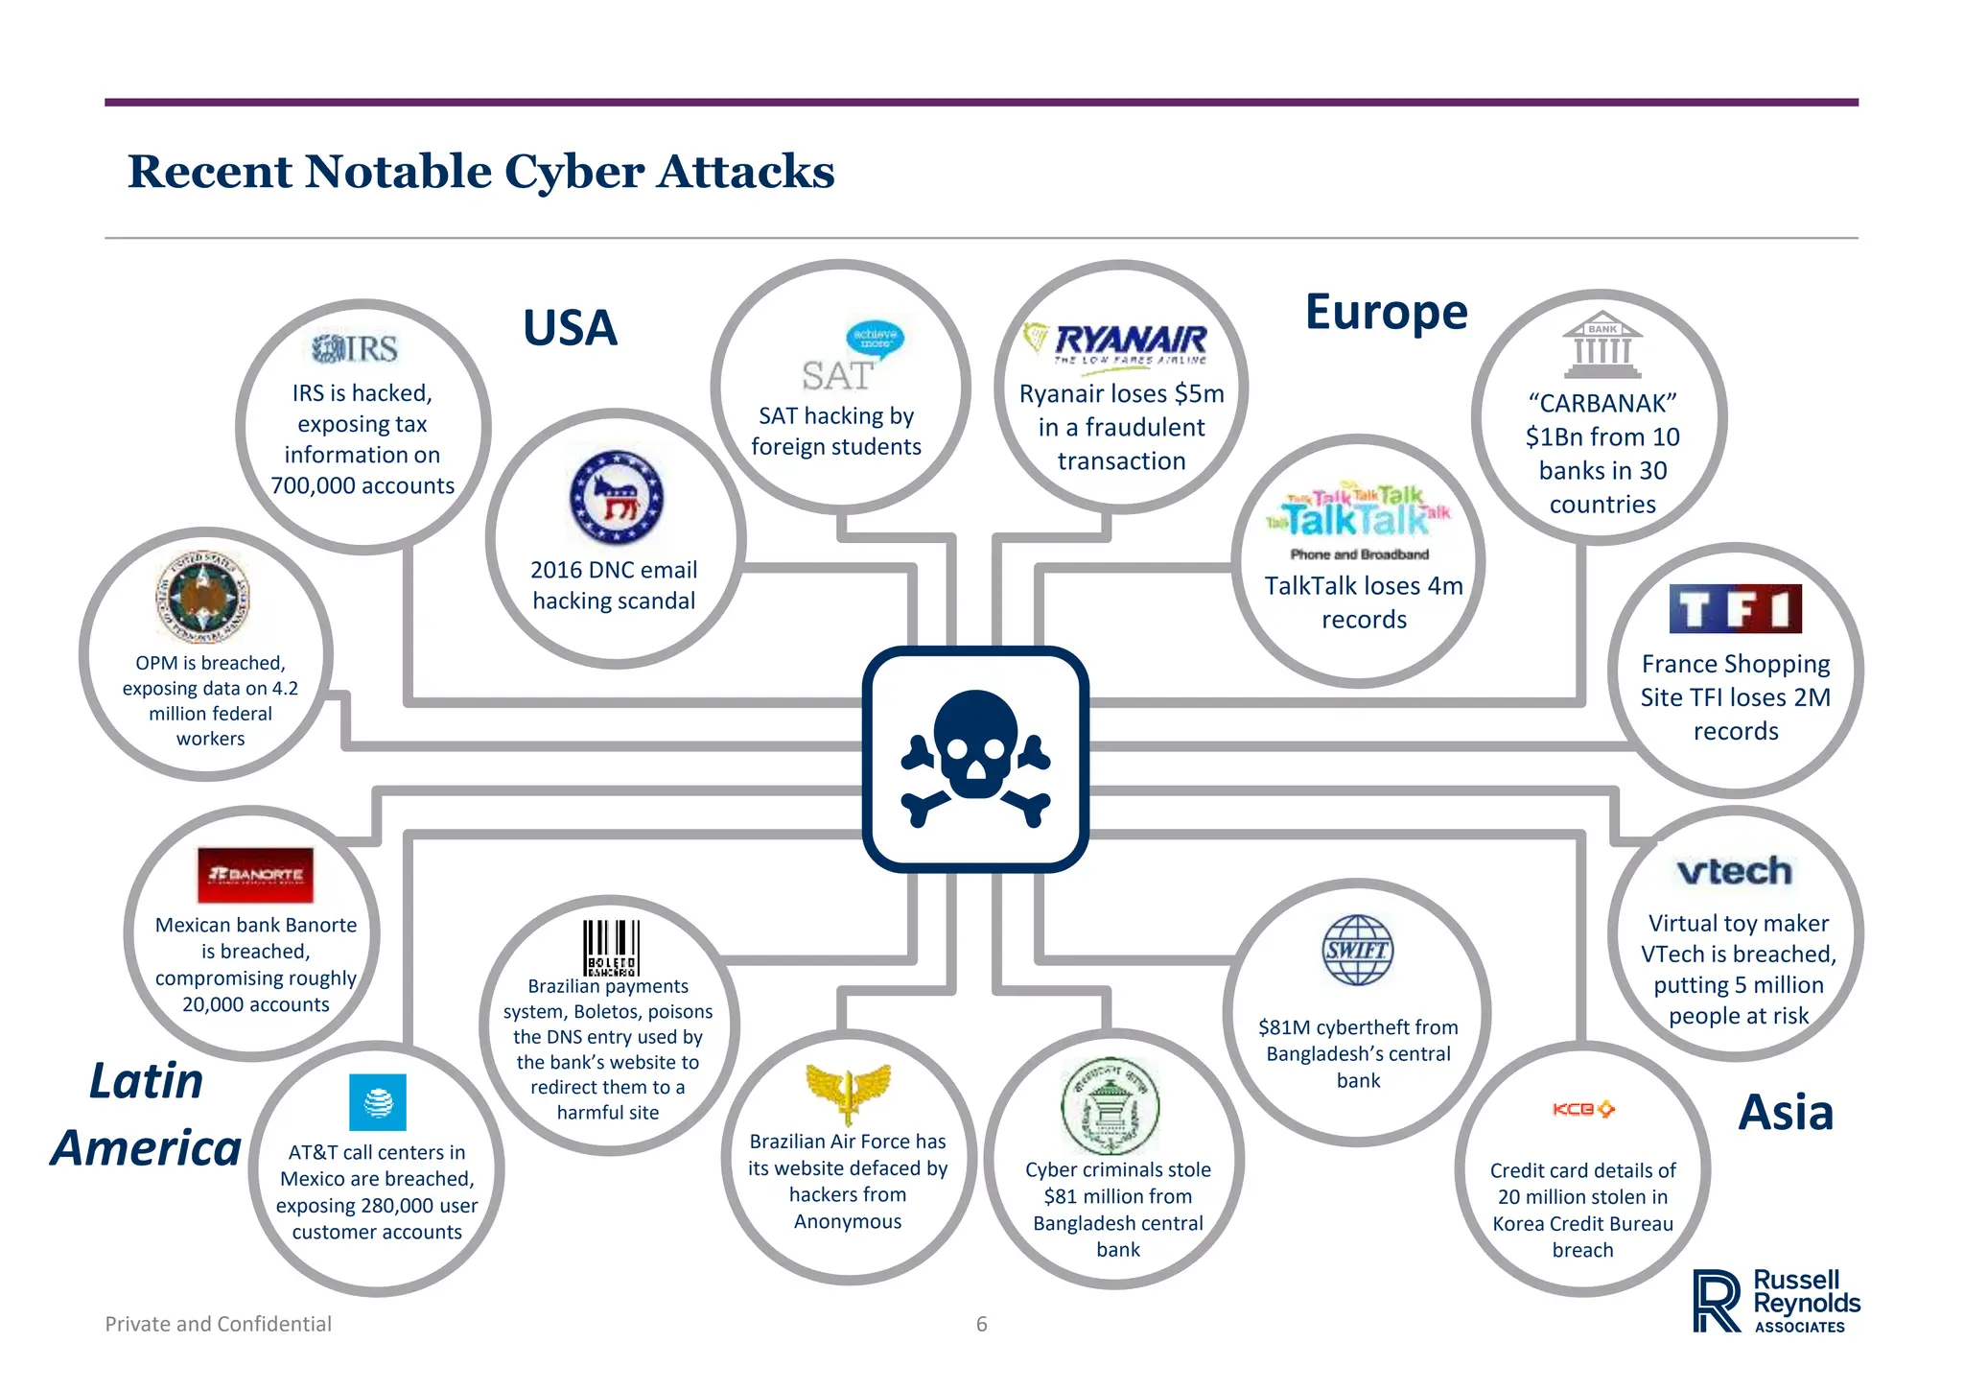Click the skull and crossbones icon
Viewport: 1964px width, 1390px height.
[975, 758]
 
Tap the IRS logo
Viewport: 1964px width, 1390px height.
[355, 348]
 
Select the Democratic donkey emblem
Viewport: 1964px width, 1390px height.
[616, 499]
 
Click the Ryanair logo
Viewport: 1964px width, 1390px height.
[1118, 343]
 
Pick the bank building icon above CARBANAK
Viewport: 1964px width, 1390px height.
[1602, 344]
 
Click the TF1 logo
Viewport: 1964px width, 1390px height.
[1735, 608]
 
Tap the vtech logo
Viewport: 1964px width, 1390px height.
[1734, 871]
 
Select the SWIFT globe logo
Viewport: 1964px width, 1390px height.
[1357, 950]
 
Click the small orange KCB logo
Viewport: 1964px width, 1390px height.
[1582, 1109]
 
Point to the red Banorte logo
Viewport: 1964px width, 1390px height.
[255, 875]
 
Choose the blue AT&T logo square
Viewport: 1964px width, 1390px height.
[378, 1102]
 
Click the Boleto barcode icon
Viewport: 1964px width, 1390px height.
[611, 948]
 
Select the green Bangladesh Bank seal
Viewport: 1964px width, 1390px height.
[1110, 1106]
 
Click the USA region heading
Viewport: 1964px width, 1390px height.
[570, 328]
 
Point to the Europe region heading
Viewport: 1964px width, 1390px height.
[1386, 312]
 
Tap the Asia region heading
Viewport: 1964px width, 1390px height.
[1786, 1113]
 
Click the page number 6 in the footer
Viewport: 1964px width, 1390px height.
[981, 1324]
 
